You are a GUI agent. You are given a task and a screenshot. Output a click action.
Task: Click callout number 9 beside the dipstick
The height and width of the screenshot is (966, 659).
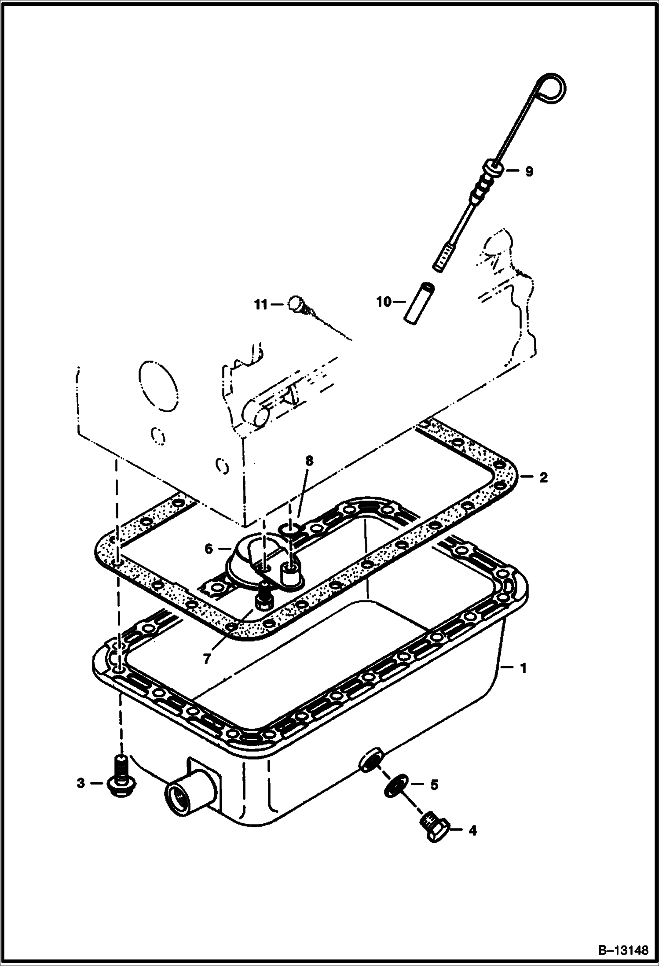point(528,171)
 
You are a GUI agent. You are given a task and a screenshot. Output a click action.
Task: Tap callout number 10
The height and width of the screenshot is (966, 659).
point(383,302)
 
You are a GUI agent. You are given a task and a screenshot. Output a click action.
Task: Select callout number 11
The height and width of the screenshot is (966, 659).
point(261,304)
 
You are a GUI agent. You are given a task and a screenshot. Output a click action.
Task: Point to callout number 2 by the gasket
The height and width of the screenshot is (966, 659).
point(543,477)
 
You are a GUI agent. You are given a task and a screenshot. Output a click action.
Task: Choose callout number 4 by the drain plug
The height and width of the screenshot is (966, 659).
point(472,831)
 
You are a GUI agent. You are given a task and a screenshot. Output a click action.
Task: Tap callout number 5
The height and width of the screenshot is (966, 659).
point(434,785)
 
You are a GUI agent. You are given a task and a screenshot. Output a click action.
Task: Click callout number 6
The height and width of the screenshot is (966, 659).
point(209,549)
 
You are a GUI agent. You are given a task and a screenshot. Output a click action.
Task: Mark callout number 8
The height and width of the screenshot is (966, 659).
point(309,461)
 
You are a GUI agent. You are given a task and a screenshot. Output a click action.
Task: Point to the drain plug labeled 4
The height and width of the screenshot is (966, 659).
point(433,828)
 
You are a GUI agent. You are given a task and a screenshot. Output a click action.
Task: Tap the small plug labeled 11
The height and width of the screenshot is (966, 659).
point(295,304)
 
